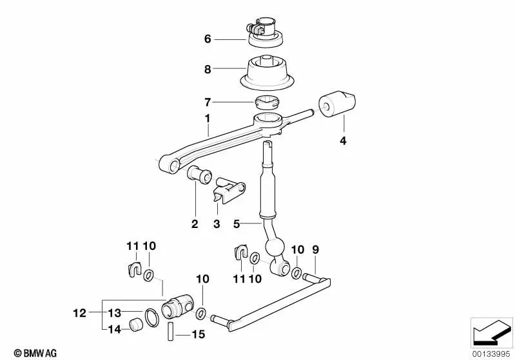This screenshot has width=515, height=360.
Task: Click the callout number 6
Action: click(x=208, y=39)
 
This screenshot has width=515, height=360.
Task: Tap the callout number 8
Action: click(x=208, y=69)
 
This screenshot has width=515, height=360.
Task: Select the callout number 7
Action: click(x=208, y=102)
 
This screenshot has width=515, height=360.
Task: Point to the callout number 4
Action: click(x=343, y=141)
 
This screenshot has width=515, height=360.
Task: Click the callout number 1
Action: click(x=208, y=119)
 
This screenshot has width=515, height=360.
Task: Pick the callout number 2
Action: click(x=195, y=224)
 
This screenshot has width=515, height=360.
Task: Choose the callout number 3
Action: click(x=217, y=224)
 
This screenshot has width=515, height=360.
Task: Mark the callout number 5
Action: click(x=237, y=224)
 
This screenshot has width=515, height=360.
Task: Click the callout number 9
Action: click(x=316, y=249)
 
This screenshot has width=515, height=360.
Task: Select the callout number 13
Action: click(x=114, y=314)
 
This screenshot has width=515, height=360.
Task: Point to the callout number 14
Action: click(x=114, y=329)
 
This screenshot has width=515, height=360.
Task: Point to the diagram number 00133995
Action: click(x=491, y=352)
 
